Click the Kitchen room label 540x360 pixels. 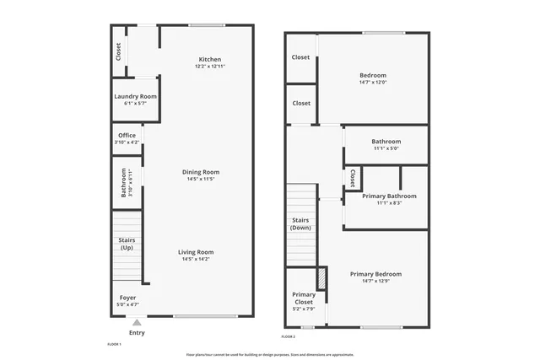point(210,59)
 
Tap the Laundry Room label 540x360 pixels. point(135,97)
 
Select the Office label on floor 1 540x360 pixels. point(127,136)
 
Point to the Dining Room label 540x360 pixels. point(200,172)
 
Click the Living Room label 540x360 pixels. point(197,252)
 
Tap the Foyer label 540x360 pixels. point(127,298)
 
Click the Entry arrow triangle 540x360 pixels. point(137,321)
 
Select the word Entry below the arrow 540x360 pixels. point(137,333)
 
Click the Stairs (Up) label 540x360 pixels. point(127,244)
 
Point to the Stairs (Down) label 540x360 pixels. point(301,223)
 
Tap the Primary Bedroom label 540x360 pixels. point(375,274)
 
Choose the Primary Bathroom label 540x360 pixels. point(389,196)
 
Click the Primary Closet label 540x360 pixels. point(303,298)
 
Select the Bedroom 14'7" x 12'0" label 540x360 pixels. point(372,75)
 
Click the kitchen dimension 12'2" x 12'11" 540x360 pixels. point(210,66)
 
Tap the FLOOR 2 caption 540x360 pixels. point(289,336)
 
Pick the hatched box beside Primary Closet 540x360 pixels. point(321,277)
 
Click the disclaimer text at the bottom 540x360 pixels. point(270,355)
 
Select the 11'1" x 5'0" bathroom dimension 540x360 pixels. point(386,148)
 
